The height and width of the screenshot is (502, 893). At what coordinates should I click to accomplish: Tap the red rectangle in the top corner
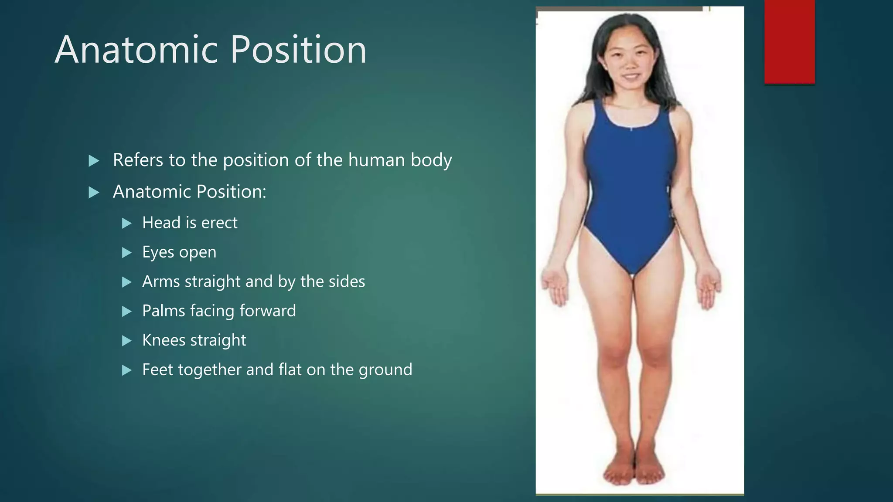(789, 41)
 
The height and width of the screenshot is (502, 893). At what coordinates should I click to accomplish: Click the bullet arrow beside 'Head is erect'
(127, 224)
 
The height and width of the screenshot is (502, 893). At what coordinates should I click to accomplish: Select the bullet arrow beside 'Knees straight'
(127, 341)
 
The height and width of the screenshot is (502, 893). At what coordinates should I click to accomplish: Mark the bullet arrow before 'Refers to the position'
(94, 161)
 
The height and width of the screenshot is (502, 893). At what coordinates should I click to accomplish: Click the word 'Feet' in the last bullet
(158, 370)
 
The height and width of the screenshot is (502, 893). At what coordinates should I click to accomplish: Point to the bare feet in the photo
(634, 471)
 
